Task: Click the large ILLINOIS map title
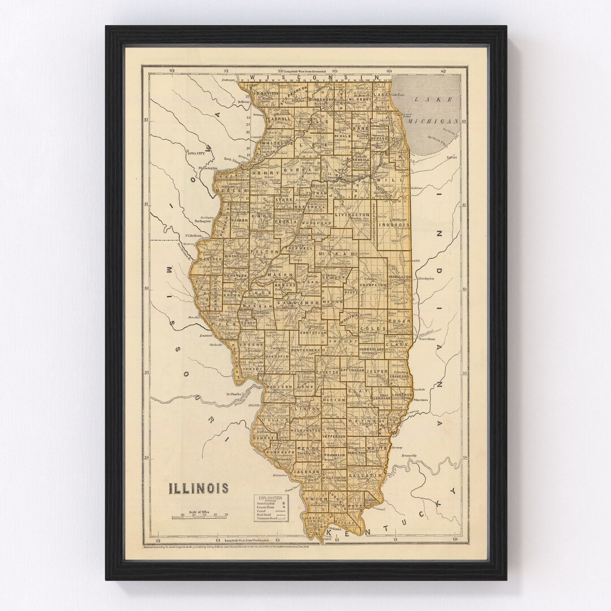point(197,488)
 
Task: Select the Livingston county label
point(352,216)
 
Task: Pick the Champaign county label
point(372,286)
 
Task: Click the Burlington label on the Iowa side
point(203,221)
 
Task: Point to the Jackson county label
point(307,471)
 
